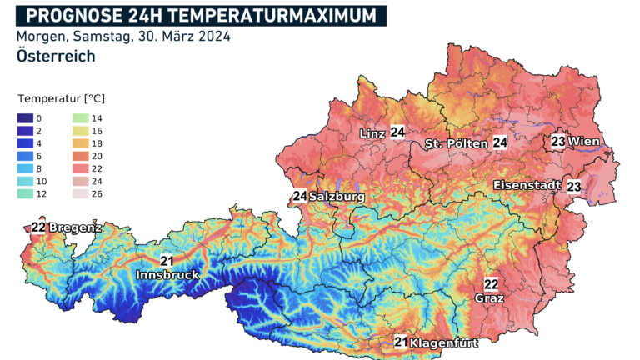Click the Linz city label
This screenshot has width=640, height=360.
[372, 133]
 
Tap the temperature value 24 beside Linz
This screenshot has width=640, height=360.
[397, 132]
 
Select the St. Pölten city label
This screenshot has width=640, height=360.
[456, 144]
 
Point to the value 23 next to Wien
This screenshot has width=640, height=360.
[558, 142]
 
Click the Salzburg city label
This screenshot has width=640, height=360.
[337, 197]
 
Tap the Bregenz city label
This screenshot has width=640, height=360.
[75, 227]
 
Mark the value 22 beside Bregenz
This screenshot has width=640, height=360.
[38, 227]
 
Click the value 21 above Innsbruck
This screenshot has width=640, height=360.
[166, 261]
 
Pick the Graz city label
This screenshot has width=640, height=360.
[490, 297]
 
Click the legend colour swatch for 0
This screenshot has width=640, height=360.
[24, 119]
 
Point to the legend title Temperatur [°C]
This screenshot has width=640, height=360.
[61, 98]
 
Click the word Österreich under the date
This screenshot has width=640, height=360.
[55, 57]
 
